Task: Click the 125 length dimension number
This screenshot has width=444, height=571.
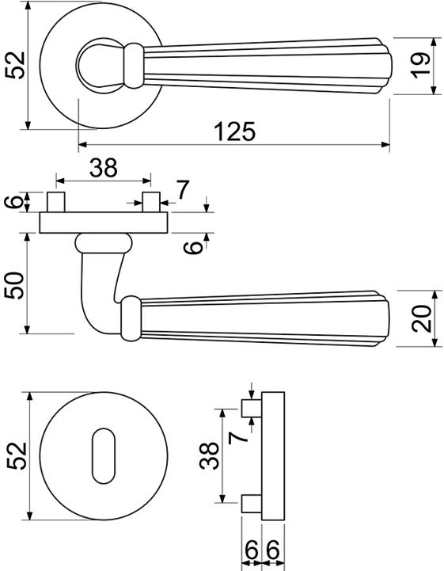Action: tap(235, 131)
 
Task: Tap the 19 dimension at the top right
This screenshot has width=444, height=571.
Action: tap(420, 66)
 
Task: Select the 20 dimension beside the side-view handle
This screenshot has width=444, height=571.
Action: tap(421, 318)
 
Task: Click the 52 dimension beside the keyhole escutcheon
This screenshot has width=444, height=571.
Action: tap(17, 455)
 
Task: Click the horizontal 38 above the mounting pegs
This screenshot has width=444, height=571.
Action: tap(104, 168)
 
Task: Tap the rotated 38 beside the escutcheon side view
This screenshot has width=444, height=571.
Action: tap(209, 455)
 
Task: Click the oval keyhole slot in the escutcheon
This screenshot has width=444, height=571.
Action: tap(104, 456)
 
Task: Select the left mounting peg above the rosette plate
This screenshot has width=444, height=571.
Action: tap(56, 202)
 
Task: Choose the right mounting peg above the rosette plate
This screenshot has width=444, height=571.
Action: tap(151, 202)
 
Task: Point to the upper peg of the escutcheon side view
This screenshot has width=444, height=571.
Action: tap(252, 408)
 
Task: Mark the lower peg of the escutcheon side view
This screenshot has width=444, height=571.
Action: tap(252, 503)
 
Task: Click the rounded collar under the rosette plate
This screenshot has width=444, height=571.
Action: tap(104, 243)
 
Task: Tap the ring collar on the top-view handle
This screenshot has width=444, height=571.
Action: tap(134, 66)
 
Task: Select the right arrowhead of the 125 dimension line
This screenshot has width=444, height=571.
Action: tap(385, 145)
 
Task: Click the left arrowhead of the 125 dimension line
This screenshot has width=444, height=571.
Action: tap(83, 145)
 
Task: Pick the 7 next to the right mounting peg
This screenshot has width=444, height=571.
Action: tap(183, 190)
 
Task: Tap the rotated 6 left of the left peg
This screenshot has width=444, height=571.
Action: tap(14, 201)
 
